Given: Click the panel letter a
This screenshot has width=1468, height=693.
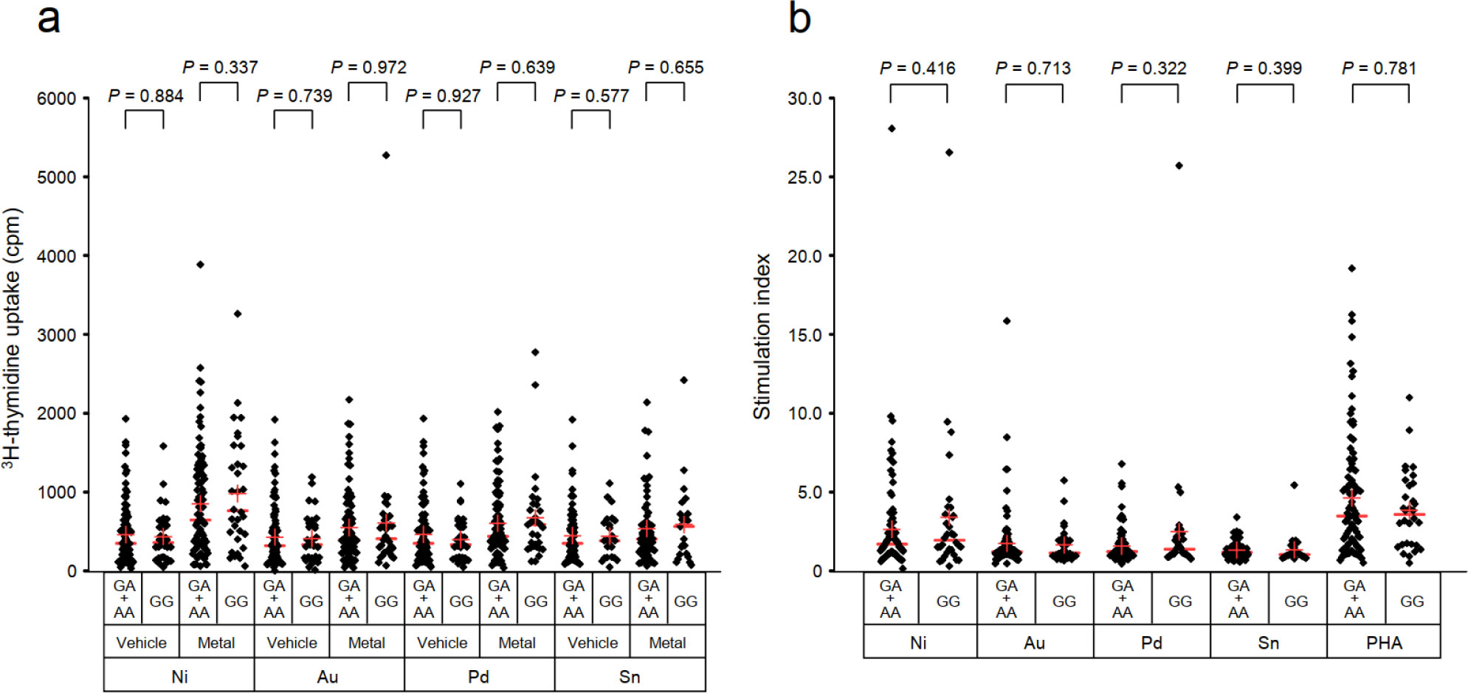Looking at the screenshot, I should (x=48, y=19).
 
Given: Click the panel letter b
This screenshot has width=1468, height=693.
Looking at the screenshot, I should (x=799, y=18).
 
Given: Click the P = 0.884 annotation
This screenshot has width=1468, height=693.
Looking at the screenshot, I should (x=145, y=96).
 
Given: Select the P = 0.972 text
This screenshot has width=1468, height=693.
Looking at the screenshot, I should (x=368, y=67).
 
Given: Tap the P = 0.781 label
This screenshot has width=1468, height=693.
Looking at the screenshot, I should (x=1379, y=68).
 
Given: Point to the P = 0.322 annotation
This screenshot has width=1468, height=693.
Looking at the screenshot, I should (x=1148, y=68).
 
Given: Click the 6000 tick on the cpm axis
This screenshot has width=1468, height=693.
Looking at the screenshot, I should (x=57, y=98).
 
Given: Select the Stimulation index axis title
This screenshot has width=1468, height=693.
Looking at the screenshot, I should (x=762, y=337).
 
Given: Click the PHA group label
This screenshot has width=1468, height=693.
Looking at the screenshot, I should (x=1383, y=642).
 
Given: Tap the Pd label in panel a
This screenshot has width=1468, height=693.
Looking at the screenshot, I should (x=478, y=676).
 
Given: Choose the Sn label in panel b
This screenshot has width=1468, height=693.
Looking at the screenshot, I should (x=1268, y=642).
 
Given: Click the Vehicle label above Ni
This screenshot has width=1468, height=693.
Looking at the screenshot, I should (x=141, y=642).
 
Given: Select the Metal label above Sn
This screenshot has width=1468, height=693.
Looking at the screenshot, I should (x=667, y=642).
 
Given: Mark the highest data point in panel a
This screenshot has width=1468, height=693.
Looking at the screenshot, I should (x=386, y=155).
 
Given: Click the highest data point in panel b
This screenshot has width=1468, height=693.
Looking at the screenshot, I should (x=892, y=128).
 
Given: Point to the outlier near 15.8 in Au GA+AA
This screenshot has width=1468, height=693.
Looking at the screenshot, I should (x=1007, y=321).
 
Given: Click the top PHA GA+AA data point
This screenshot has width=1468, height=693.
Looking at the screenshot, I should (x=1352, y=269).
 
